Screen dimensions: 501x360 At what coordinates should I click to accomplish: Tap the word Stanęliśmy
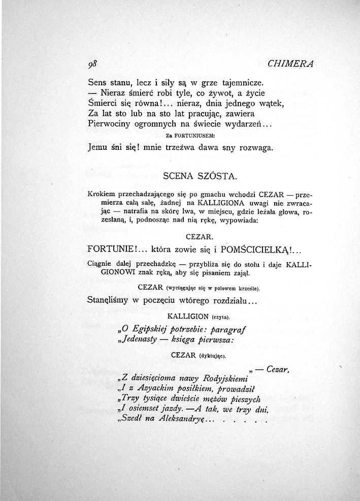112,301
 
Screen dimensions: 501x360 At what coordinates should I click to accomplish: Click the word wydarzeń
244,124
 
